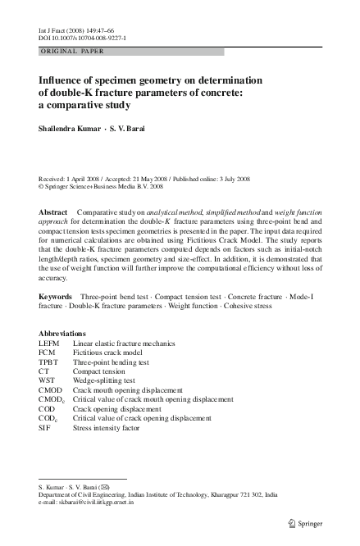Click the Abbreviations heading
[x=62, y=334]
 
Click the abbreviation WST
[x=47, y=380]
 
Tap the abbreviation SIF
[x=45, y=427]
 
